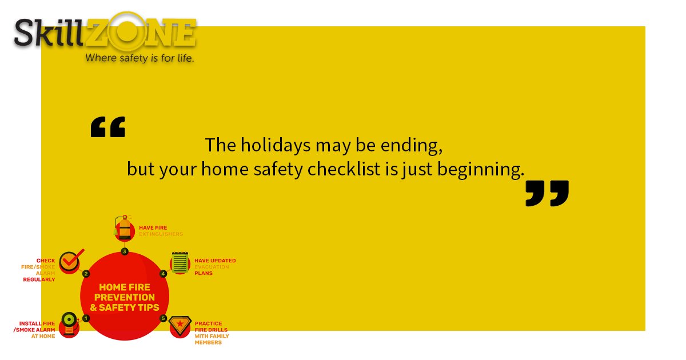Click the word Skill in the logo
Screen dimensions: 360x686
click(x=49, y=33)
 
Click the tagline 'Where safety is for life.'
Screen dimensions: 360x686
click(x=139, y=58)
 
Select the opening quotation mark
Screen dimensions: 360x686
click(x=107, y=127)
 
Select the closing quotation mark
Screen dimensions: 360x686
click(x=547, y=193)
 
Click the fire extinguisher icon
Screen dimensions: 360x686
click(x=124, y=229)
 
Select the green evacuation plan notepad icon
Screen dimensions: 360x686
click(x=181, y=263)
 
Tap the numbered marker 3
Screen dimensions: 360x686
click(x=125, y=251)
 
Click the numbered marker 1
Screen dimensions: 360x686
click(x=86, y=318)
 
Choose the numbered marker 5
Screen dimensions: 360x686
click(x=163, y=318)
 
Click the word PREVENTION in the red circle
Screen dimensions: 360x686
click(x=125, y=297)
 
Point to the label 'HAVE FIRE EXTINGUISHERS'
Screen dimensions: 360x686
click(x=161, y=231)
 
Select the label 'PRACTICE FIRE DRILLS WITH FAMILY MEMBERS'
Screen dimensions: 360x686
click(x=212, y=333)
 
